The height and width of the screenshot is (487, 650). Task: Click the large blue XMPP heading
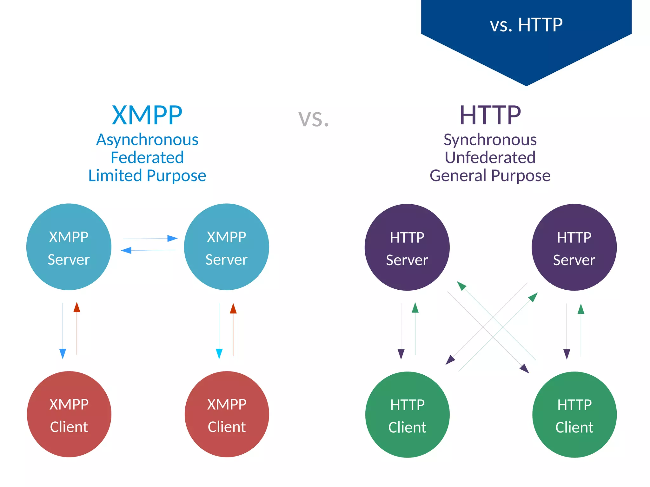point(147,115)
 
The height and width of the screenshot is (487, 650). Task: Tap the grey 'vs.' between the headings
point(314,118)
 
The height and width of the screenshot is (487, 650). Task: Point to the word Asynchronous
point(147,140)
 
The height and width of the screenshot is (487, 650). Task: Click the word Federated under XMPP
point(147,158)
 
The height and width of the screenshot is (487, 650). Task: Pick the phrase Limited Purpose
point(147,175)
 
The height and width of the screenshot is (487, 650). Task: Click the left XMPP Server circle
point(69,247)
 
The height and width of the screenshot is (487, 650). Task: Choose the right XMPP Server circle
point(226,247)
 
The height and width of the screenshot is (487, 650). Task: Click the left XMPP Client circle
point(69,414)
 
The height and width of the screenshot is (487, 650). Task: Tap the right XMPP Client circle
point(227,414)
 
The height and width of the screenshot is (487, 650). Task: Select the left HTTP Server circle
point(407,247)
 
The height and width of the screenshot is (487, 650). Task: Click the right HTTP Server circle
point(574,247)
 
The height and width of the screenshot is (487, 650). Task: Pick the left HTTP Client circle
point(407,415)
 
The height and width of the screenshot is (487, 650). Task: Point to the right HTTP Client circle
point(574,415)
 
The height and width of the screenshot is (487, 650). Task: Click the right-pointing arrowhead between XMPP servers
point(172,238)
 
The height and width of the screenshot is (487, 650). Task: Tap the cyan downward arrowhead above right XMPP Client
point(219,353)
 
